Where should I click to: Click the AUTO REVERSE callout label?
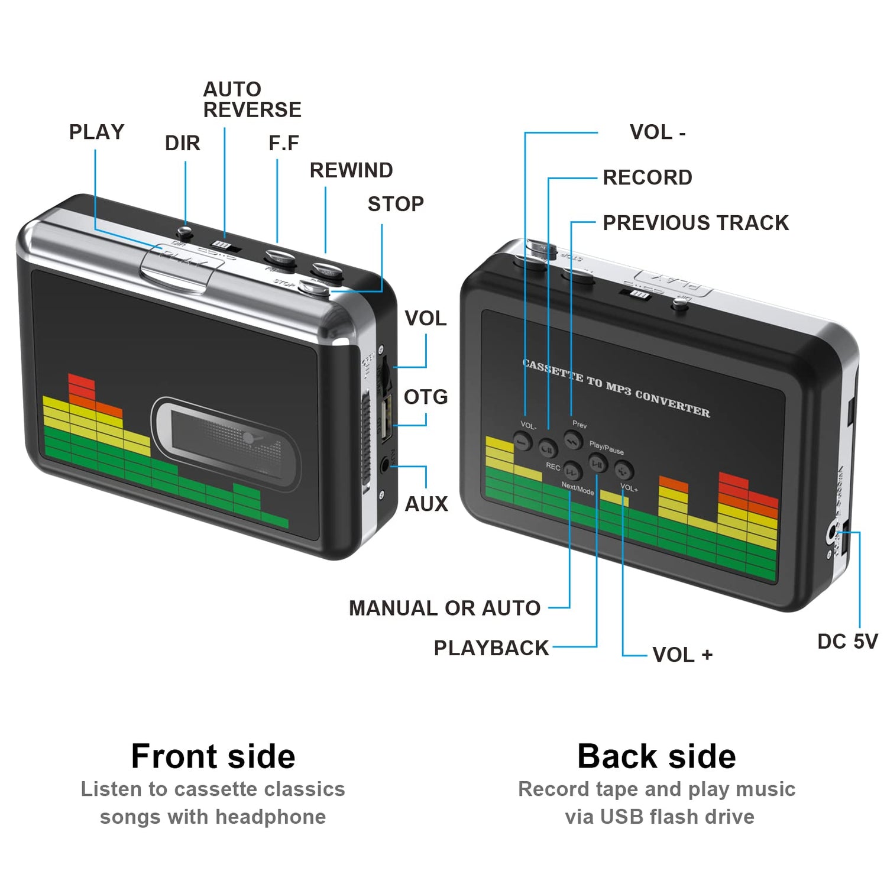(252, 100)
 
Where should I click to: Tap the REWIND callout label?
(351, 170)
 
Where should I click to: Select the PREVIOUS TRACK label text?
(695, 223)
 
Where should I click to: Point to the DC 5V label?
(847, 642)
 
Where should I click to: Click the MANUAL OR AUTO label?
(445, 608)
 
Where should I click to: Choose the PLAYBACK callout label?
(491, 648)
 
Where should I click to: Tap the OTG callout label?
(426, 397)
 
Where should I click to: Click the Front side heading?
(213, 756)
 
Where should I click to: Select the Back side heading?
(656, 756)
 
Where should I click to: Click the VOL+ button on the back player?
(623, 471)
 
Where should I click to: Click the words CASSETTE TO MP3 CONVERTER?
(616, 388)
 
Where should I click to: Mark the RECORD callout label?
(648, 177)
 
